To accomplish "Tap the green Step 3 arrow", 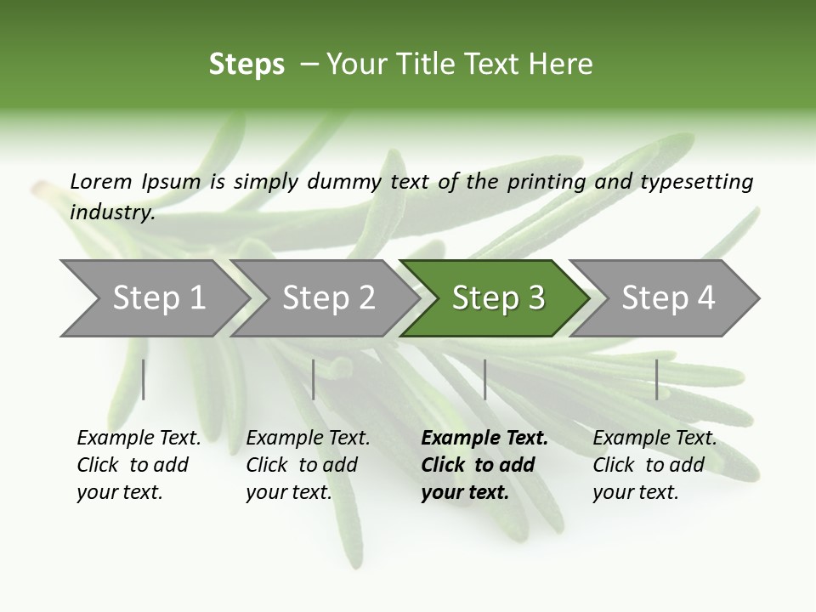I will [x=497, y=298].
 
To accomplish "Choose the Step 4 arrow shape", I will [x=667, y=298].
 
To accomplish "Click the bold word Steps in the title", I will [x=246, y=64].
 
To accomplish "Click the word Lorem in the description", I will [x=101, y=181].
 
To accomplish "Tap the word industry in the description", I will [x=111, y=212].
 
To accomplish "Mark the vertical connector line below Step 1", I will [x=144, y=379].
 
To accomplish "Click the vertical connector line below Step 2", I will [x=314, y=379].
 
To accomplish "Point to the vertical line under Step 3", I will [x=484, y=379].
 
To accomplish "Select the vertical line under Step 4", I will [x=656, y=379].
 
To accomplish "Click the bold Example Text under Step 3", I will [x=484, y=439].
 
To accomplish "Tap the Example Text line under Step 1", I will [x=139, y=439].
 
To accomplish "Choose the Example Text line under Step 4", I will [x=654, y=439].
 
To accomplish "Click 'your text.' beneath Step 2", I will [x=288, y=492].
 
